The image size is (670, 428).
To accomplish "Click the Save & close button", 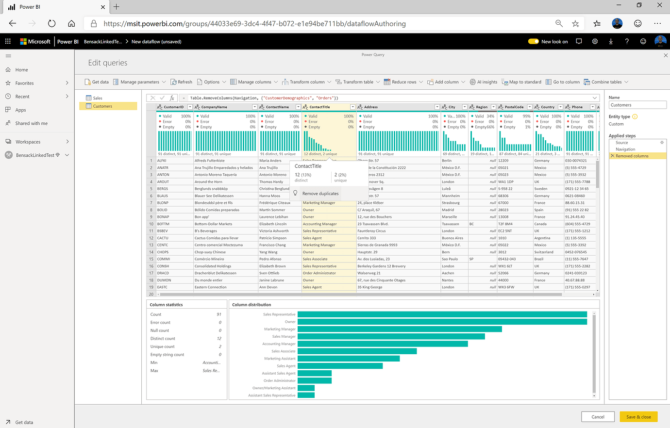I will tap(638, 417).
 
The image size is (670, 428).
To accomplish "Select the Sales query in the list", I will tap(98, 98).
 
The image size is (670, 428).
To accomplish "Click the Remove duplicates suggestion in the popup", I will tap(320, 194).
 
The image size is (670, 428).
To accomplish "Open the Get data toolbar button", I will tap(97, 82).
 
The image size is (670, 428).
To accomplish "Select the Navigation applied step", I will tap(625, 149).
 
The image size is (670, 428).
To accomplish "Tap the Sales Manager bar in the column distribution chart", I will tap(391, 336).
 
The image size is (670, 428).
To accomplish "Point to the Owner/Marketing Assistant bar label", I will tap(274, 388).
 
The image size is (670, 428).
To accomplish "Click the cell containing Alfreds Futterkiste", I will tap(210, 161).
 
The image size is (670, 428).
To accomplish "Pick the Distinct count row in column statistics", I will tap(163, 339).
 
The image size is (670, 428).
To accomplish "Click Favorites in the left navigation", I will tap(24, 83).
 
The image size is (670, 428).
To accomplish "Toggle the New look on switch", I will tap(533, 42).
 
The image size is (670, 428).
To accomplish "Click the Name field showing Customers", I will tap(637, 105).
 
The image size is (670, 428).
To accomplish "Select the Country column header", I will tap(548, 107).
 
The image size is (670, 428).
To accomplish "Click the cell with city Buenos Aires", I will tap(452, 238).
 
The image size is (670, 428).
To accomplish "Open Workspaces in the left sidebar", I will tap(28, 142).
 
